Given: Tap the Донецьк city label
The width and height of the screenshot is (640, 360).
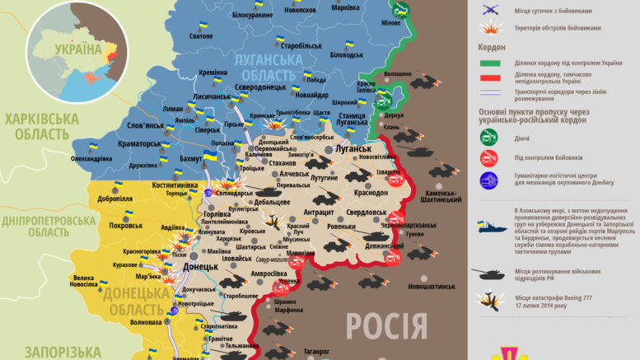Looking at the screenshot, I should click(200, 267).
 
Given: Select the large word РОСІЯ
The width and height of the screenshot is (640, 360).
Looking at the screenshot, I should click(386, 325).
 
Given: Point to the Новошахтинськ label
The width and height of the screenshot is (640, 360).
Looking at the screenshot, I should click(425, 286).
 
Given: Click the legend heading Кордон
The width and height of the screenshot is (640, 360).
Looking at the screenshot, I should click(491, 48).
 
